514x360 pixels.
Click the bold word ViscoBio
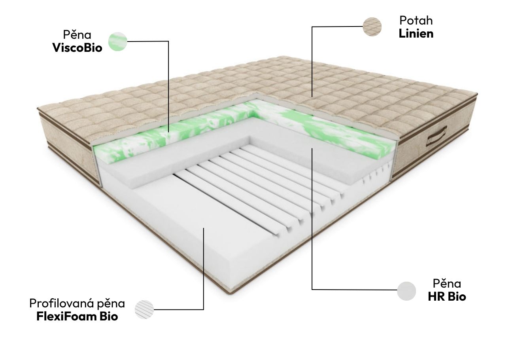coord(77,48)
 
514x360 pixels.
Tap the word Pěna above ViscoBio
coord(77,35)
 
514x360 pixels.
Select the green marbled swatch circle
coord(118,41)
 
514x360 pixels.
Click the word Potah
coord(416,21)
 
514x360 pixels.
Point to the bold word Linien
coord(416,34)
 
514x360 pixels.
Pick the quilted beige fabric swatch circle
coord(372,27)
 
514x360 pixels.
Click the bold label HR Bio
coord(447,296)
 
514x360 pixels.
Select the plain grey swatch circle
coord(406,291)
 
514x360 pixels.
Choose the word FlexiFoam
coord(67,316)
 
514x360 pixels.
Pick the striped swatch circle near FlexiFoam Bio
coord(144,309)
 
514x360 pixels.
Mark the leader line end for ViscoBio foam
coord(168,132)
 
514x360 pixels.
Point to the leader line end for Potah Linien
coord(312,97)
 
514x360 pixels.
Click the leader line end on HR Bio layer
coord(312,148)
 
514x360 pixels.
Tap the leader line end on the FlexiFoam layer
coord(204,228)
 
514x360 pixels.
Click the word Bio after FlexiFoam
coord(109,316)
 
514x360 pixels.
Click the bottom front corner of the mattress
coord(233,295)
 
